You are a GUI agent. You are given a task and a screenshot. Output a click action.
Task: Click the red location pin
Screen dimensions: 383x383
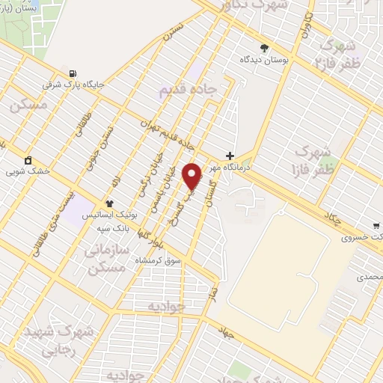pos(193,176)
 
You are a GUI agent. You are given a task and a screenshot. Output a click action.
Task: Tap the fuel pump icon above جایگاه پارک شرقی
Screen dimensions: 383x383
pos(72,73)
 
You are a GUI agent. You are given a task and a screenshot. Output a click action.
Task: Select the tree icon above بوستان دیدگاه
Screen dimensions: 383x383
pos(264,48)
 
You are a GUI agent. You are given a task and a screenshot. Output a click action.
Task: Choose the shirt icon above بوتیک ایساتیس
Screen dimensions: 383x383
pos(109,203)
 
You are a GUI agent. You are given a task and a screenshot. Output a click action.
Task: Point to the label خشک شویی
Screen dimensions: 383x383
pos(27,171)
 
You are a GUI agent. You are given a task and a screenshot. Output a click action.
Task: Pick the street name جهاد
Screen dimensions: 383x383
pos(225,331)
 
